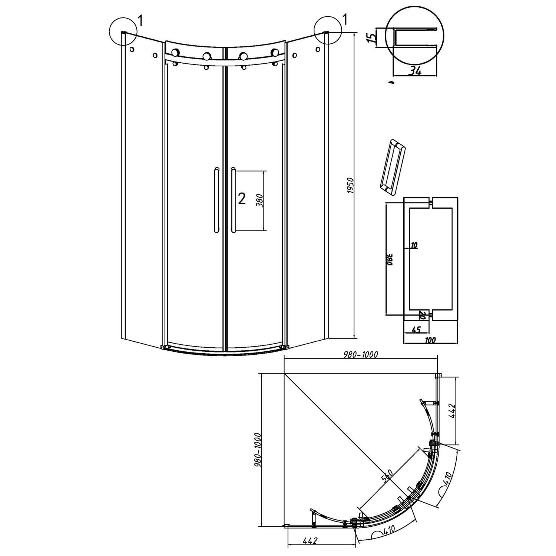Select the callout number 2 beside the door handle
(x=242, y=199)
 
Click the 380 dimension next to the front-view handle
(x=260, y=200)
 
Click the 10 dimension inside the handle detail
(x=414, y=245)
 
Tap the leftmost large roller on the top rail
(x=176, y=53)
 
